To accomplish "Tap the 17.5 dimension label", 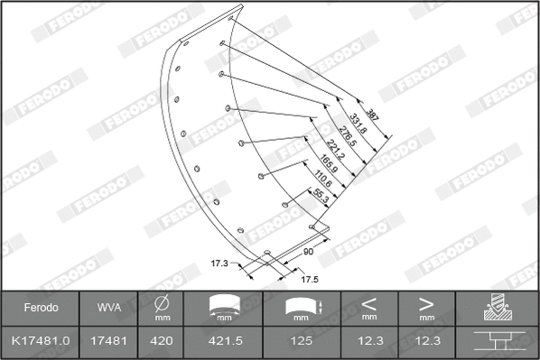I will pyautogui.click(x=309, y=280).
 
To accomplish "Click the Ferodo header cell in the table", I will pyautogui.click(x=41, y=308).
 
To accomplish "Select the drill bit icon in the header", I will pyautogui.click(x=498, y=308).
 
